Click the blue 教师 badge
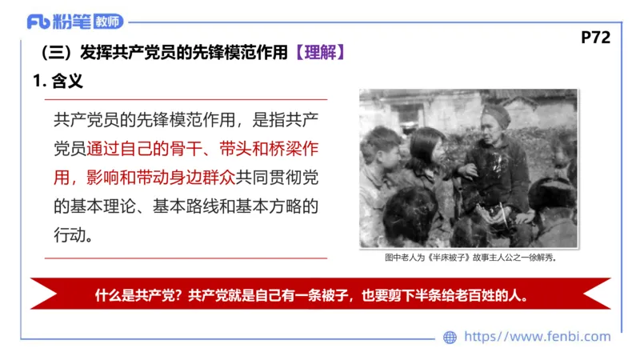coord(109,22)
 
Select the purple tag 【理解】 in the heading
coord(320,53)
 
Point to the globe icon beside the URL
coord(450,338)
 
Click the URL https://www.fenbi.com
coord(538,337)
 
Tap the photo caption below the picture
coord(470,258)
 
